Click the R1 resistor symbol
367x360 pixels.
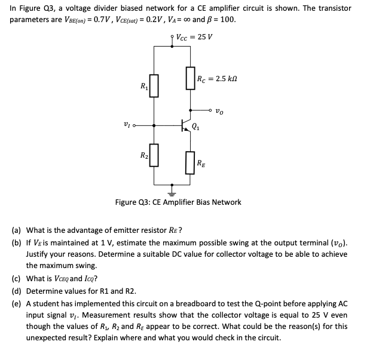click(154, 85)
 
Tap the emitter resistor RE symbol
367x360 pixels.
click(190, 163)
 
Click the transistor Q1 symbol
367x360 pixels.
click(186, 126)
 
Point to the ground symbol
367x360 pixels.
click(172, 192)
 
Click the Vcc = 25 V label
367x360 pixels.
click(195, 36)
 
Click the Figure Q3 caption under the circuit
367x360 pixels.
click(178, 202)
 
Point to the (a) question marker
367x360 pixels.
click(16, 230)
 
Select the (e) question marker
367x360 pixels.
click(16, 303)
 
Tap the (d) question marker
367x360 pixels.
click(16, 291)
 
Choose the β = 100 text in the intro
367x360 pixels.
click(219, 19)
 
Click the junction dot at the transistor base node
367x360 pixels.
click(154, 126)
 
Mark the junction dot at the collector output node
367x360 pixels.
click(190, 110)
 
